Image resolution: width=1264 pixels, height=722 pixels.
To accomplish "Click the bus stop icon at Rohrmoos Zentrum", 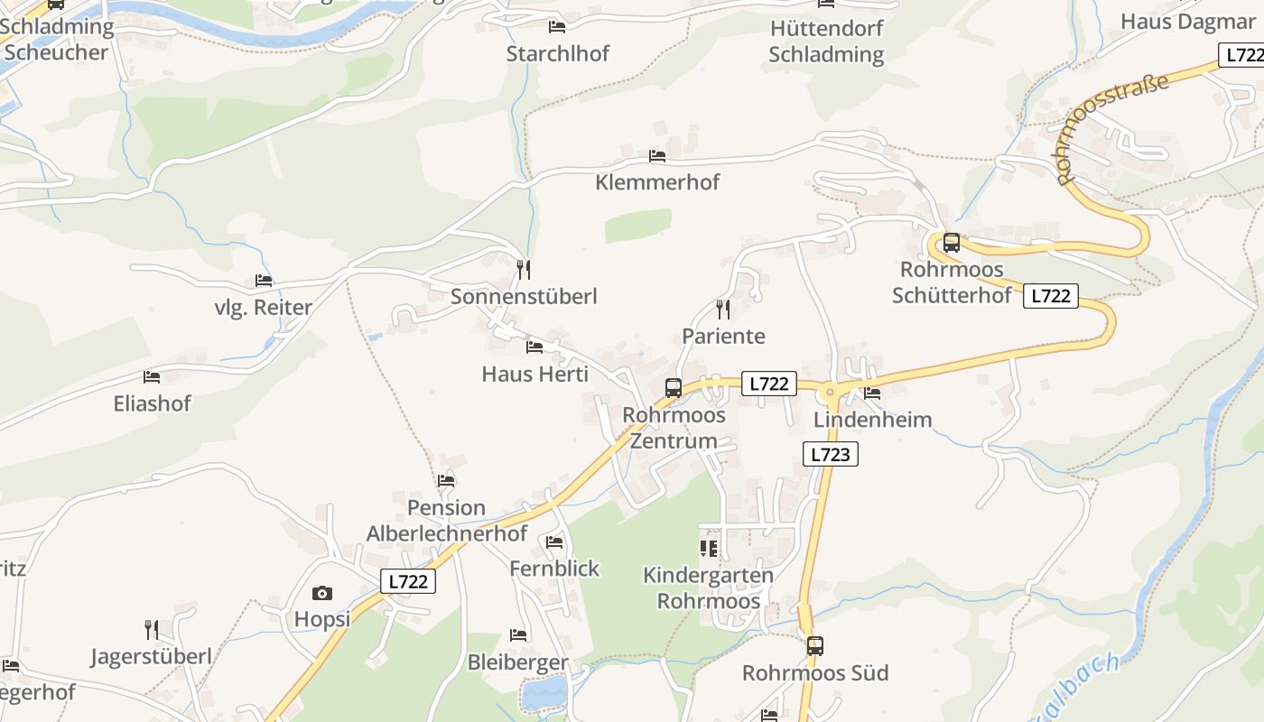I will pyautogui.click(x=674, y=388).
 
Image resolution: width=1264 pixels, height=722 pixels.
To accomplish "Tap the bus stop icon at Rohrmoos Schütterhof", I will pyautogui.click(x=951, y=242).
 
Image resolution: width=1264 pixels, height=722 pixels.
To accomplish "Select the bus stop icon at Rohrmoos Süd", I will pyautogui.click(x=815, y=646).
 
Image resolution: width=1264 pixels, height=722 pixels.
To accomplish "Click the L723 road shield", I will pyautogui.click(x=830, y=454).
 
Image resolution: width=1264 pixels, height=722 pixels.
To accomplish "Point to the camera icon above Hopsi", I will pyautogui.click(x=321, y=593).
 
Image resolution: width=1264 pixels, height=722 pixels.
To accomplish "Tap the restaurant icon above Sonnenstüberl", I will pyautogui.click(x=524, y=269).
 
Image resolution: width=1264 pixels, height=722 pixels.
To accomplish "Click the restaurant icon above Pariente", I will pyautogui.click(x=722, y=310).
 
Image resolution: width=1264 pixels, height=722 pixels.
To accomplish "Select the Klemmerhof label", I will pyautogui.click(x=657, y=182).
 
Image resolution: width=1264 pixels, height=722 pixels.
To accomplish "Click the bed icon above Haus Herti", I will pyautogui.click(x=534, y=347).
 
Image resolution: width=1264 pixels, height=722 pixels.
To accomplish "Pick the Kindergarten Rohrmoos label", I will pyautogui.click(x=708, y=588).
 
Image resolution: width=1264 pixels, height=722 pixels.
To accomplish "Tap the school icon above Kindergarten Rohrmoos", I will pyautogui.click(x=709, y=548).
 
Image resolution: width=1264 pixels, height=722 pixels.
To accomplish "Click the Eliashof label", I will pyautogui.click(x=153, y=403).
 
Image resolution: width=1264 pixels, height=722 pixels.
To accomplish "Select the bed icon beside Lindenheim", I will pyautogui.click(x=872, y=393).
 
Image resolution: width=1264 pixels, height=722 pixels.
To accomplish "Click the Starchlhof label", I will pyautogui.click(x=558, y=53).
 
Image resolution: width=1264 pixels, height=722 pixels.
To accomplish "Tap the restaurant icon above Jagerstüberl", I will pyautogui.click(x=152, y=629).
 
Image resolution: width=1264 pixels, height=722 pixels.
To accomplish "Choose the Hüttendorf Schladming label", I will pyautogui.click(x=826, y=41).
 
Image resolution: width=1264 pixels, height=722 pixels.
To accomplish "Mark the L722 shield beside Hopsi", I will pyautogui.click(x=407, y=581).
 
